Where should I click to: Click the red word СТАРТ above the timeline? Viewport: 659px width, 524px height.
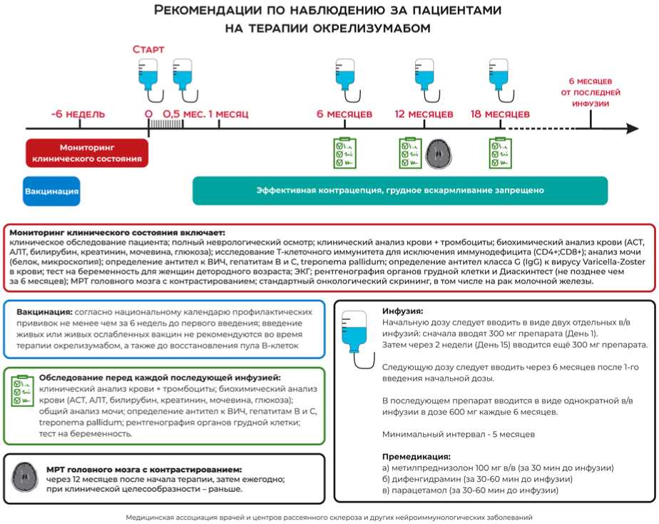148,49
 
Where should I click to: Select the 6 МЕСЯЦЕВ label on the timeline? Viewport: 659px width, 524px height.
344,114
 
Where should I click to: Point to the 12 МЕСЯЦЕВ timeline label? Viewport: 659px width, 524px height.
424,114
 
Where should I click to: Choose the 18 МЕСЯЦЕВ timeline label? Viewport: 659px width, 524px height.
501,114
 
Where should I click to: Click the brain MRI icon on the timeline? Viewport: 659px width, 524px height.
439,153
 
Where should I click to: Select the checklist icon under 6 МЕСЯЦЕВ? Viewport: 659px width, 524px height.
346,153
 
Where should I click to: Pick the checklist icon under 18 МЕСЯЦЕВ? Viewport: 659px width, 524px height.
501,153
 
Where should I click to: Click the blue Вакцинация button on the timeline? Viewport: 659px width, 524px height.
51,191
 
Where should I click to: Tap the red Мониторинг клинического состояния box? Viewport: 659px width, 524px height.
87,153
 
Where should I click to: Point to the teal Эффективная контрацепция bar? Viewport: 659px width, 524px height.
400,191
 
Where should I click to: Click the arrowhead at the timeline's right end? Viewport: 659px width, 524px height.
632,129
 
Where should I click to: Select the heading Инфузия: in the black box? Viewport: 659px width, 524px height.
403,311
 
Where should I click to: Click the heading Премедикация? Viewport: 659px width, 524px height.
417,456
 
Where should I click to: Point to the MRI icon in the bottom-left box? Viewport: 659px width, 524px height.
26,475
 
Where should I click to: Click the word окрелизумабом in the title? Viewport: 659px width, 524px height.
374,29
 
